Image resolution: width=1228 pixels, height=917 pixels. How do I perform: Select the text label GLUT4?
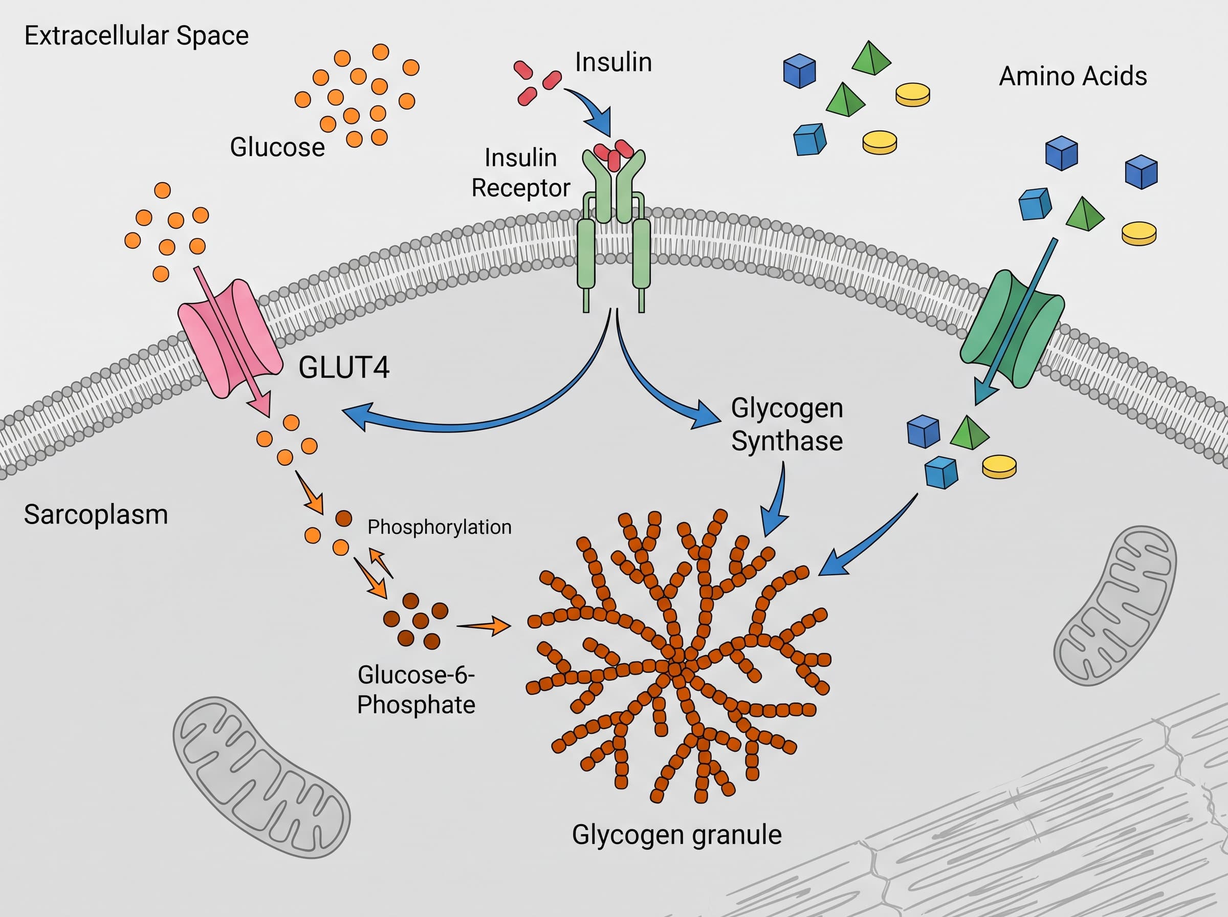click(344, 367)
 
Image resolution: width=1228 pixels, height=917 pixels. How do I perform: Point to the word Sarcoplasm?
click(96, 515)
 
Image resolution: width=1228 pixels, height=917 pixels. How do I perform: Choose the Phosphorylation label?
click(440, 527)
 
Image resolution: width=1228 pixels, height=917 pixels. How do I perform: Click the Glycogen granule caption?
click(676, 835)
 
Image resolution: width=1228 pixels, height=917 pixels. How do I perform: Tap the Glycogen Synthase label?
click(787, 425)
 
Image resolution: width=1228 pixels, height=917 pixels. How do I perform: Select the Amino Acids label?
click(1072, 76)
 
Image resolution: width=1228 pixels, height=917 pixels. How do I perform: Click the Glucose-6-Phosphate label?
click(416, 689)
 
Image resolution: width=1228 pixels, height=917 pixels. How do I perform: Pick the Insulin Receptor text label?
click(520, 172)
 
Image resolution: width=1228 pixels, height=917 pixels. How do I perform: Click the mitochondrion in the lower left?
click(261, 778)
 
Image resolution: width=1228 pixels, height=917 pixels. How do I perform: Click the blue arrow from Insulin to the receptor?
click(593, 109)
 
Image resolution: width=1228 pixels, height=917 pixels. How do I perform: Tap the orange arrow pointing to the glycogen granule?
click(484, 626)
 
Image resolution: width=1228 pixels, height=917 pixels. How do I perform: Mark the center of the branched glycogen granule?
click(677, 667)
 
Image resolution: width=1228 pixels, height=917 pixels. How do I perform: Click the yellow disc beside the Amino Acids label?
click(913, 94)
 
